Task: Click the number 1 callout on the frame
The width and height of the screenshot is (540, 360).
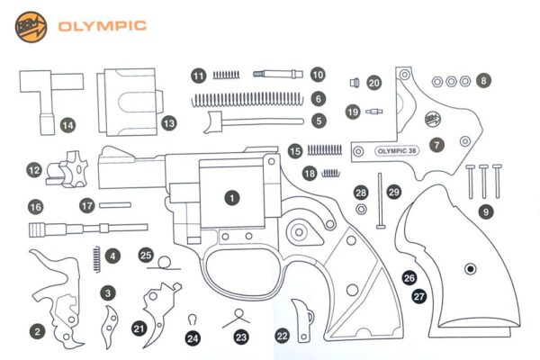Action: click(x=232, y=195)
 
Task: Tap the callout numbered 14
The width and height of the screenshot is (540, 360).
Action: click(x=67, y=125)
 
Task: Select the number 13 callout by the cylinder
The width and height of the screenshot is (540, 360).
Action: click(x=167, y=121)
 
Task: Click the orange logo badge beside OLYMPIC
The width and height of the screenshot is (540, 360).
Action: click(x=30, y=26)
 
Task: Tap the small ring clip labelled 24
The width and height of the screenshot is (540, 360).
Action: click(x=192, y=319)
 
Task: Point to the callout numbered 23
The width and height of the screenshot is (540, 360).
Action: click(x=240, y=337)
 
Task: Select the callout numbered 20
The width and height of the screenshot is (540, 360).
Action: click(x=373, y=83)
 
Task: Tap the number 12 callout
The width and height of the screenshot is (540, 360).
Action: click(x=34, y=168)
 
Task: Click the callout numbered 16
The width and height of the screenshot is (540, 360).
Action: click(x=36, y=206)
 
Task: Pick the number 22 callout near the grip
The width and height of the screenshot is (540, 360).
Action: click(x=282, y=335)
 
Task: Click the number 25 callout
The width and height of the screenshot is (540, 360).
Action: click(x=147, y=256)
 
